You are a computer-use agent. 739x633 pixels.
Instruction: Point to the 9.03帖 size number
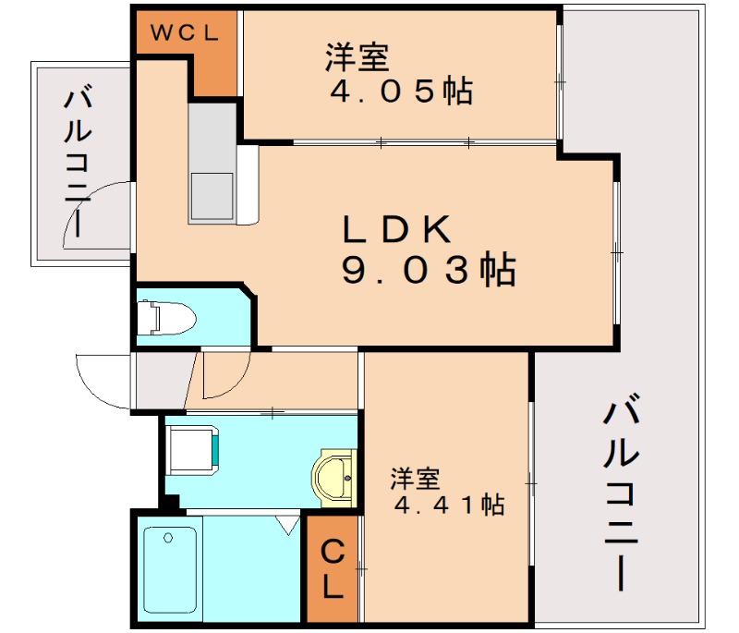point(428,270)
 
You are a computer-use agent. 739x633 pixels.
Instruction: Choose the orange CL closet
point(333,568)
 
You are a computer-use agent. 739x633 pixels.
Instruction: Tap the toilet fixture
point(166,320)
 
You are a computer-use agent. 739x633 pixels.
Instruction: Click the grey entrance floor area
point(162,379)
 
